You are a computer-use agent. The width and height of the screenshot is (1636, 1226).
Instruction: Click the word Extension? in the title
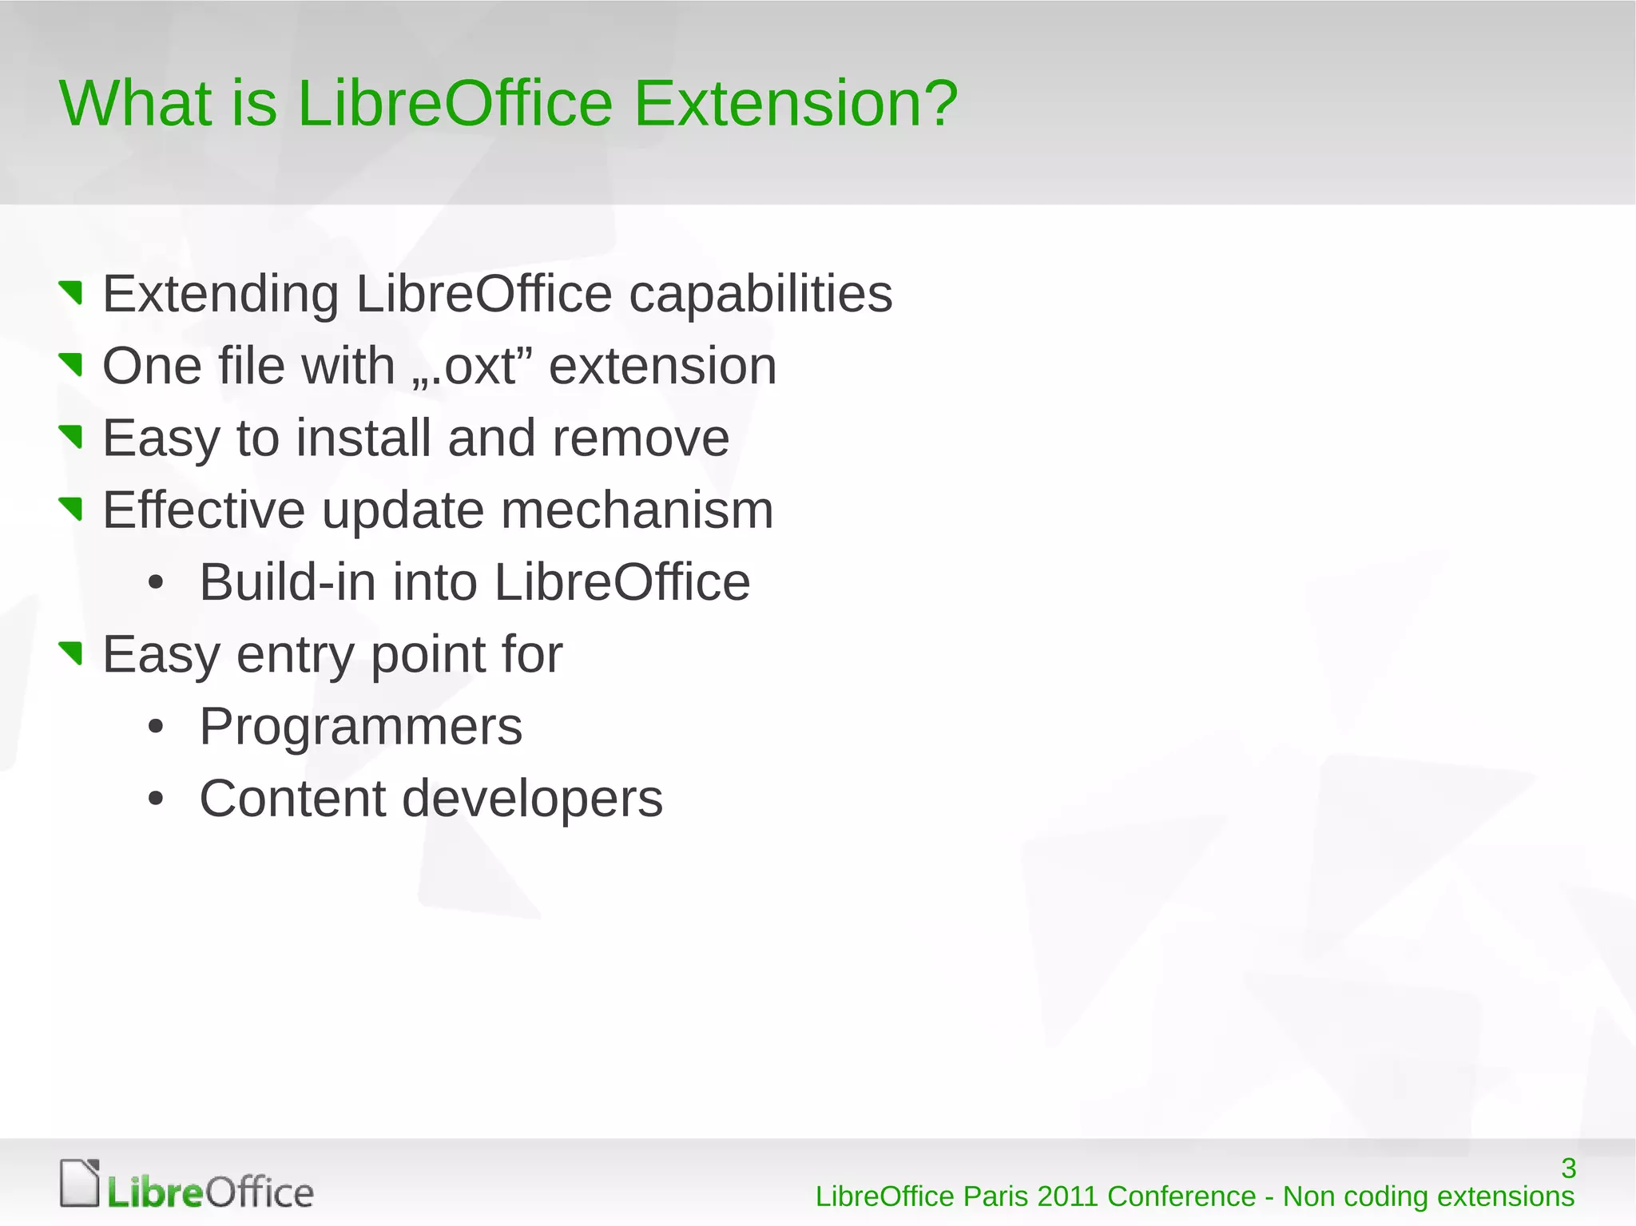coord(795,104)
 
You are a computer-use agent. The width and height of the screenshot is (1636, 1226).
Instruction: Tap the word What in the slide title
coord(136,104)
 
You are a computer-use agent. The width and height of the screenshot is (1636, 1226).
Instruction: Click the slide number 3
coord(1568,1168)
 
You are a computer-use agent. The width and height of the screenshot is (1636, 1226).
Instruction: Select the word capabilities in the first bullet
coord(760,295)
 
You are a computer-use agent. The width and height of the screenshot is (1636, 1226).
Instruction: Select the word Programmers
coord(360,727)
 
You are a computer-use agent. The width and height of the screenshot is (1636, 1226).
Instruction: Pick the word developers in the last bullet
coord(531,799)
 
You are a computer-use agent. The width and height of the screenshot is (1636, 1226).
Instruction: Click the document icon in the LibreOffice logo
coord(80,1183)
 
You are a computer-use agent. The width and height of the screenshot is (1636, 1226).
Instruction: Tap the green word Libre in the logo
coord(155,1193)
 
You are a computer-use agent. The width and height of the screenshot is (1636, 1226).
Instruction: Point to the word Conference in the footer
coord(1181,1196)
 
